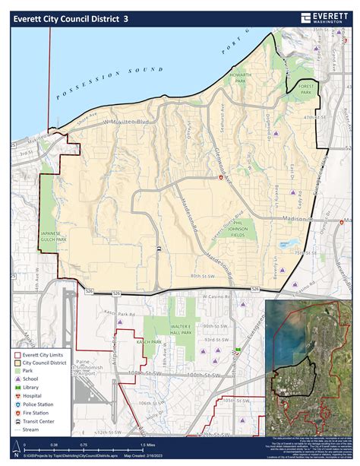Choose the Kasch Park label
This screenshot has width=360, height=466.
pos(151,342)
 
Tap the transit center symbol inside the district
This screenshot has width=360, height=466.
pos(157,249)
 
